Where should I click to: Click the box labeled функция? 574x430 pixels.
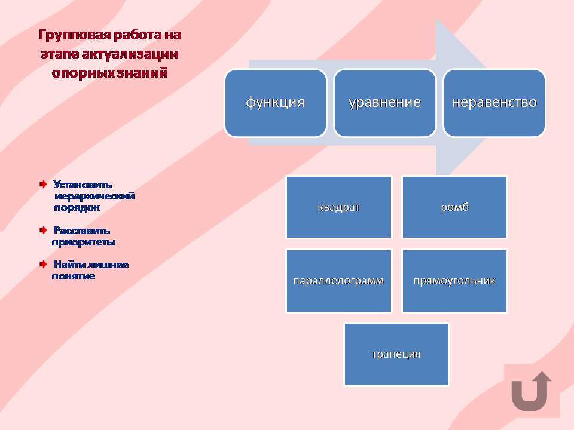[276, 103]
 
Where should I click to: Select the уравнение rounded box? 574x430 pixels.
[385, 103]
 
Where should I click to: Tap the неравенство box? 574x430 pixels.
[494, 103]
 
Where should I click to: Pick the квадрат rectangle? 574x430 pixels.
[339, 207]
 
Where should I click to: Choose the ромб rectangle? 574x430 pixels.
[454, 207]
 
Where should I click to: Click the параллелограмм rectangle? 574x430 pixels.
[339, 281]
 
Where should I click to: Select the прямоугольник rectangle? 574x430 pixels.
[454, 281]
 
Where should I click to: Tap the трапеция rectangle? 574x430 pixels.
[397, 354]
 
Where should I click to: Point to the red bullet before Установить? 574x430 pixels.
[43, 184]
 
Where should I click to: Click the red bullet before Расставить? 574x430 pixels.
[43, 230]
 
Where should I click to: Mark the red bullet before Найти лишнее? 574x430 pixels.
[43, 264]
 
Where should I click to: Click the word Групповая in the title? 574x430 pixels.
[74, 35]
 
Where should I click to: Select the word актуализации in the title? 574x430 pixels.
[130, 54]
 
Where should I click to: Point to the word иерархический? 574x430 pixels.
[94, 196]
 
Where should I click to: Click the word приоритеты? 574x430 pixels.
[84, 242]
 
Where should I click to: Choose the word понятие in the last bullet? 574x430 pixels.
[73, 276]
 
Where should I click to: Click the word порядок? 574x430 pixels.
[77, 208]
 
